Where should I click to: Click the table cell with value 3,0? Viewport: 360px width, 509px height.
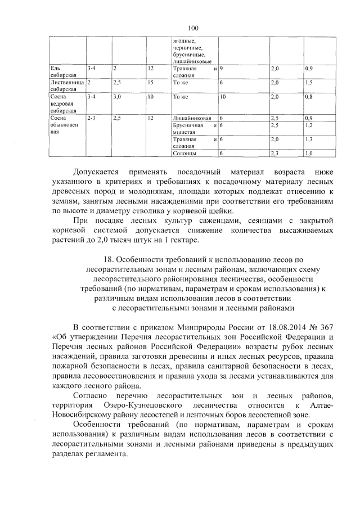117,97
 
